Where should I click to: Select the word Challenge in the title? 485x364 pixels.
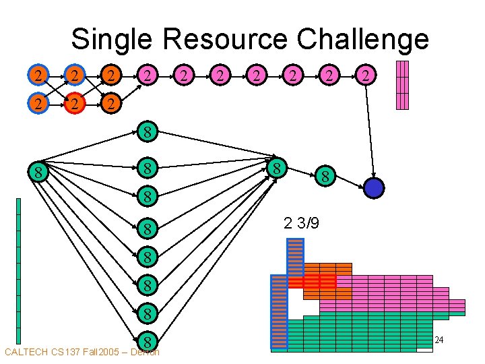click(x=362, y=39)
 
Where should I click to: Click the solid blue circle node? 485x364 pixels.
click(x=373, y=187)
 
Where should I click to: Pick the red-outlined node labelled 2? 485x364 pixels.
click(x=76, y=104)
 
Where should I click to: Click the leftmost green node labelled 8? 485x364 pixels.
click(x=39, y=173)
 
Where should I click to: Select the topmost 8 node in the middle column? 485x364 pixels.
click(x=148, y=131)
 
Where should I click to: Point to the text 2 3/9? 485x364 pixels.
click(x=301, y=223)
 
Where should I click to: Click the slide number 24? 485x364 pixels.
click(x=439, y=340)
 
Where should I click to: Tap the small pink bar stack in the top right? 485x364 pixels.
click(x=402, y=85)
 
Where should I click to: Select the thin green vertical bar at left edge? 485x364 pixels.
click(x=19, y=270)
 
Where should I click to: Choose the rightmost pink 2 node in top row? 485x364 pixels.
click(x=365, y=75)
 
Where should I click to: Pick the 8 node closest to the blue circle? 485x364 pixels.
click(x=325, y=177)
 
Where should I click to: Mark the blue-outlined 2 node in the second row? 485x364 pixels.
click(x=40, y=104)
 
